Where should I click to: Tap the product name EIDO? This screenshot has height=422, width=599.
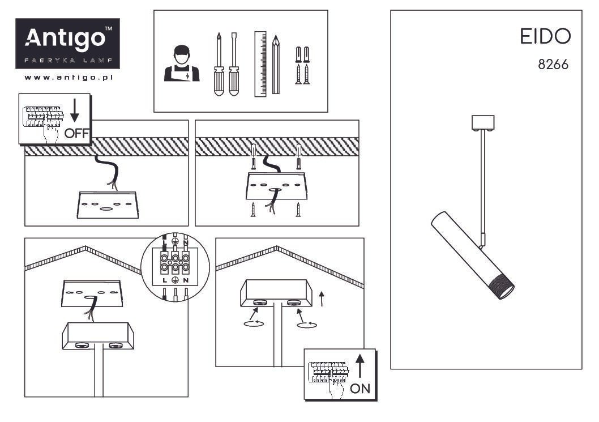click(545, 38)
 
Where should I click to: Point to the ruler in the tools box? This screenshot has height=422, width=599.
click(260, 63)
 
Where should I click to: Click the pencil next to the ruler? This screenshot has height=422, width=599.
click(276, 63)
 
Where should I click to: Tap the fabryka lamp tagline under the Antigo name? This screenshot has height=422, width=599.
click(67, 60)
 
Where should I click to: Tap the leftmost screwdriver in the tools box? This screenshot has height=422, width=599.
click(217, 65)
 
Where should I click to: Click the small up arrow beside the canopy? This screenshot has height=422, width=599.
click(323, 298)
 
